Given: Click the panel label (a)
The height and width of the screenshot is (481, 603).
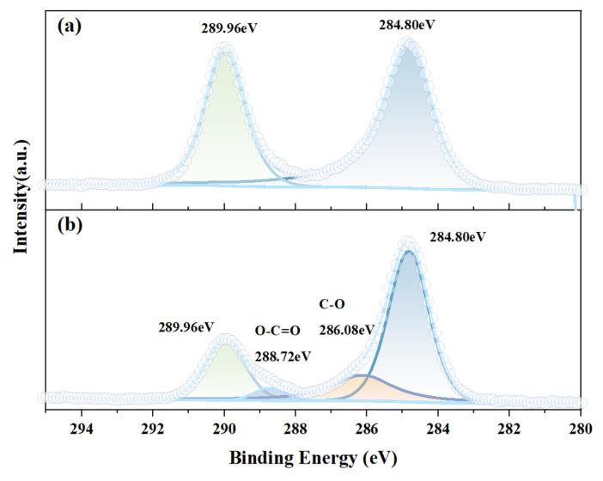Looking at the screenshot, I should tap(69, 26).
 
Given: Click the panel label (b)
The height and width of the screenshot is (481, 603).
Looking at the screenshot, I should tap(69, 228).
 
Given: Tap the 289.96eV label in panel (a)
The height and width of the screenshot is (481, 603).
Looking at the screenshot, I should tap(229, 28).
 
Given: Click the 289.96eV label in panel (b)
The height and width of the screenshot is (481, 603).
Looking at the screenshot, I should tap(186, 326).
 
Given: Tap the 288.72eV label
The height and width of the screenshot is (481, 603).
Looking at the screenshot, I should tap(283, 356).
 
